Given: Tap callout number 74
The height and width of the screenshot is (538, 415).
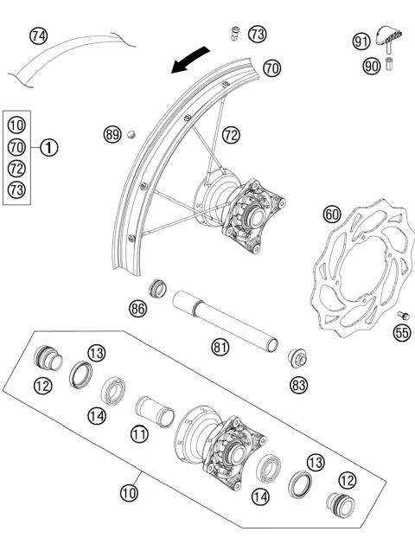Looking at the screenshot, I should click(38, 35).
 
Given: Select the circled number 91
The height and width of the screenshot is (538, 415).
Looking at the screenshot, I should click(361, 40).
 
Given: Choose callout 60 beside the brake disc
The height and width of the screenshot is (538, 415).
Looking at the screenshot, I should click(332, 214).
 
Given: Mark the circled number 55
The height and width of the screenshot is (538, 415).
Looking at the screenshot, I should click(401, 331).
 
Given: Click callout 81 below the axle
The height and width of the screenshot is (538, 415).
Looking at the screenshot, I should click(221, 346).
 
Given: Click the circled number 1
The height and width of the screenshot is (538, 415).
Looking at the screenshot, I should click(50, 148).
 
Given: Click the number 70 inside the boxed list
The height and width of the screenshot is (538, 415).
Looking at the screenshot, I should click(17, 148).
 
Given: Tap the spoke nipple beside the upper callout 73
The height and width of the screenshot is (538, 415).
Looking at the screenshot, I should click(233, 35).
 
